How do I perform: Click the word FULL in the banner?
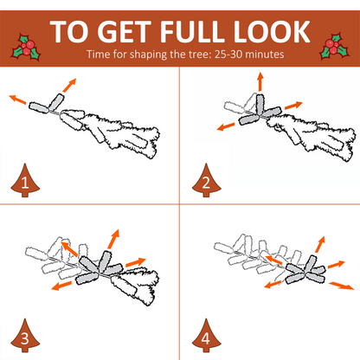[193, 31]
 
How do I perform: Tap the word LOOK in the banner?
[272, 31]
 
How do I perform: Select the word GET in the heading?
[125, 31]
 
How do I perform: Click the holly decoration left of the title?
[26, 47]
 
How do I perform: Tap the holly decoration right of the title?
[334, 47]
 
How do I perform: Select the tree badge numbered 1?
[25, 180]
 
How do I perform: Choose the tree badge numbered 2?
[206, 180]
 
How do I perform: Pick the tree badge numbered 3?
[25, 336]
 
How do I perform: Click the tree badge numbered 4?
[206, 336]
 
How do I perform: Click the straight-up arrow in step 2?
[260, 81]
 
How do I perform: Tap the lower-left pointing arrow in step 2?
[226, 126]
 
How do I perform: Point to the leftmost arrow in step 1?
[17, 99]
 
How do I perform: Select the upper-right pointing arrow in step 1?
[69, 85]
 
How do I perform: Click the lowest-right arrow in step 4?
[342, 286]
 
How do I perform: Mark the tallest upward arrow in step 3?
[113, 239]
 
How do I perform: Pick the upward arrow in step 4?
[320, 245]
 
